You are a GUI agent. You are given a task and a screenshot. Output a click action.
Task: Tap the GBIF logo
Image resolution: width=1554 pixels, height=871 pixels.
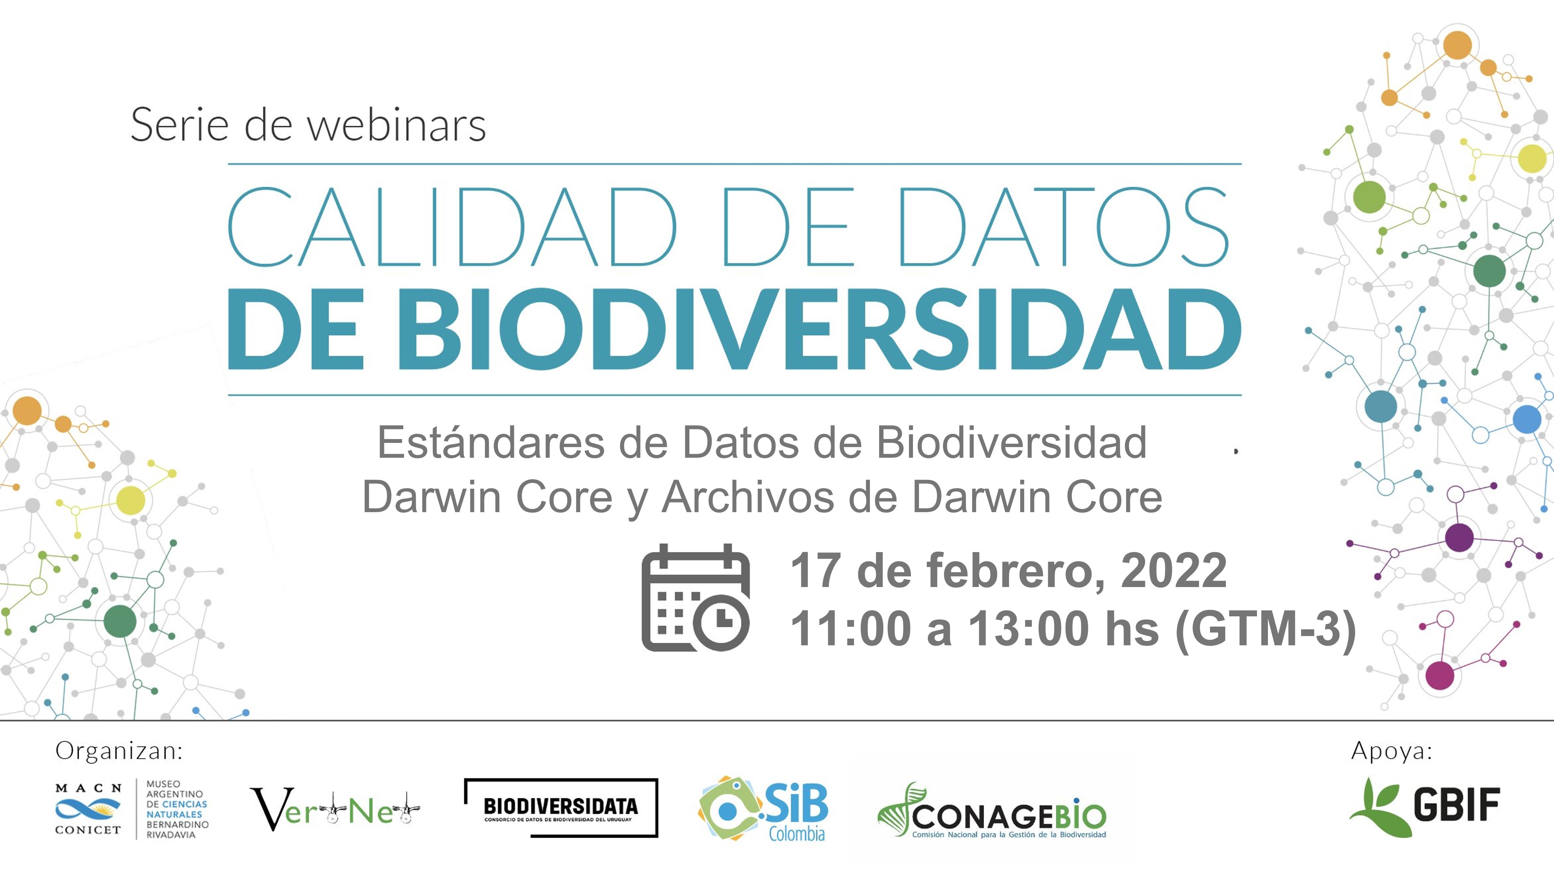[1424, 806]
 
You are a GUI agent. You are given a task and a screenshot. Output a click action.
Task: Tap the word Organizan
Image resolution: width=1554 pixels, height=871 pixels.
[119, 751]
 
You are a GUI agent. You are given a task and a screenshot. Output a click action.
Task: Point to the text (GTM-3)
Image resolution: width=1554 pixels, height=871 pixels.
[1266, 629]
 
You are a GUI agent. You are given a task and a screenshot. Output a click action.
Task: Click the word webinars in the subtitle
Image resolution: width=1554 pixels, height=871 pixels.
[396, 125]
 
